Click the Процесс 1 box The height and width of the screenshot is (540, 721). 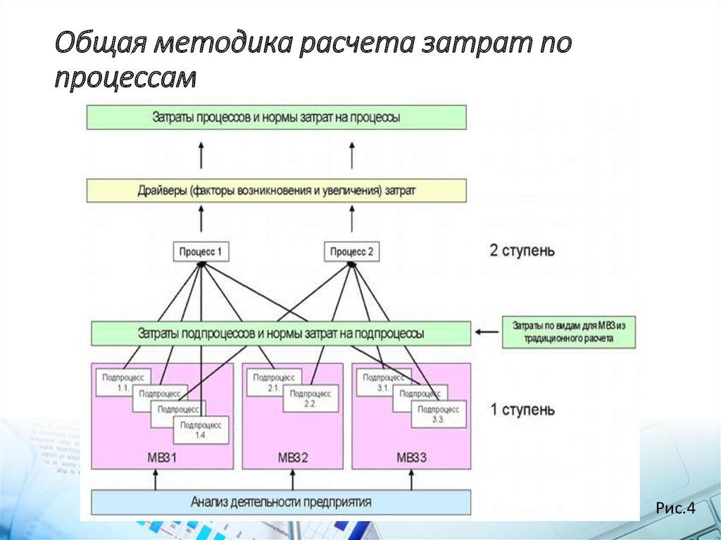(201, 251)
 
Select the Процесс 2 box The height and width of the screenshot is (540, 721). (352, 251)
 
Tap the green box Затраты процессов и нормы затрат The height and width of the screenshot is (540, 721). (276, 118)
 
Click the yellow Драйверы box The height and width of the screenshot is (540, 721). (276, 190)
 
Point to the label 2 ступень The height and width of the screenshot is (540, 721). (522, 250)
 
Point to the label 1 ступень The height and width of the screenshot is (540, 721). (522, 409)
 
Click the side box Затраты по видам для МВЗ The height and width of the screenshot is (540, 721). (569, 332)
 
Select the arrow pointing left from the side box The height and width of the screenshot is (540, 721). (487, 329)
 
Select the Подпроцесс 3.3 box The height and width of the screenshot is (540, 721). (438, 414)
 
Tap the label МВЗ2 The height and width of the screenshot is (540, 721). (293, 458)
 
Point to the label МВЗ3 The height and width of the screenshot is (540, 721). (411, 458)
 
